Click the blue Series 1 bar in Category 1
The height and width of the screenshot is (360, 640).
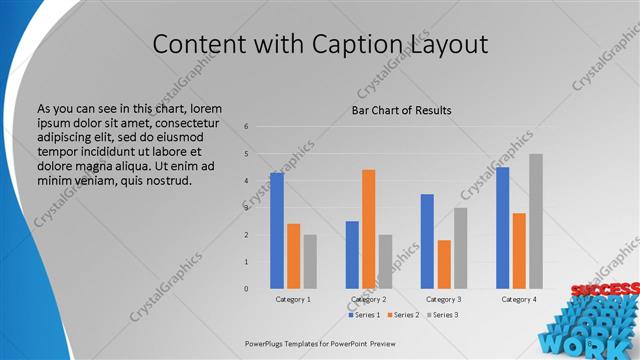tap(277, 230)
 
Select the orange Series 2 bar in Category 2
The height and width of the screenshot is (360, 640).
tap(369, 228)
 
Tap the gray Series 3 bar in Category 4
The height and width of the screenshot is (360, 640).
tap(536, 221)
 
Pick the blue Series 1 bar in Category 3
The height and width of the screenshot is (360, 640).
tap(427, 241)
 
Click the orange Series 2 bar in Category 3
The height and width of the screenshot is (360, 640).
tap(444, 264)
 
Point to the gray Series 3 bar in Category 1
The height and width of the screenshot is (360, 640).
tap(310, 261)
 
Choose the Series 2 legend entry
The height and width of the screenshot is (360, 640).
tap(402, 315)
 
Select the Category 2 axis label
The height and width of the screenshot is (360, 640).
tap(369, 299)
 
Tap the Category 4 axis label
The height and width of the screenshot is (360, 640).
tap(519, 299)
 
